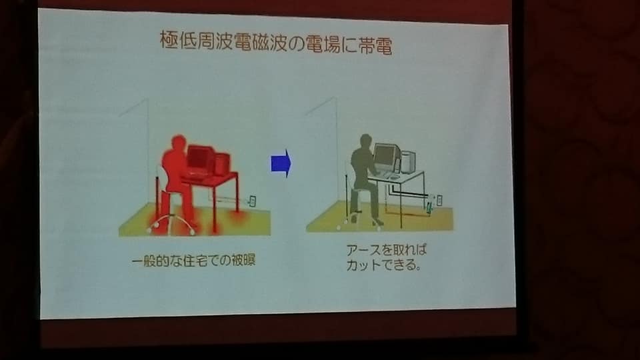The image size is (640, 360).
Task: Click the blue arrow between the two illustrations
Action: point(281,163)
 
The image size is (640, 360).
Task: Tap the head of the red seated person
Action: point(179,144)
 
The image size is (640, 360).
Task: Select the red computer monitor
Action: point(199,159)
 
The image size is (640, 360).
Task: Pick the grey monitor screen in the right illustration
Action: point(385,155)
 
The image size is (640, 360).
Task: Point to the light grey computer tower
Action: point(408,161)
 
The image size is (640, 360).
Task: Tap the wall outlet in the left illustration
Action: point(253,201)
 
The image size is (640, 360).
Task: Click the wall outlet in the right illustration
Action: point(439,200)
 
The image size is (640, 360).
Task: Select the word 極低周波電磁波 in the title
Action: point(224,41)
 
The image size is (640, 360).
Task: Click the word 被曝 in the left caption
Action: point(243,260)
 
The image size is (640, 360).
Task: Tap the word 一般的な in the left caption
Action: point(156,261)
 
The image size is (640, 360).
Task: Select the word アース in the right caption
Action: point(364,249)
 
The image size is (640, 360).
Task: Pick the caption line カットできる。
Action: point(383,265)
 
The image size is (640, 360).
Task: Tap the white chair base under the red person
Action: point(171,225)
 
